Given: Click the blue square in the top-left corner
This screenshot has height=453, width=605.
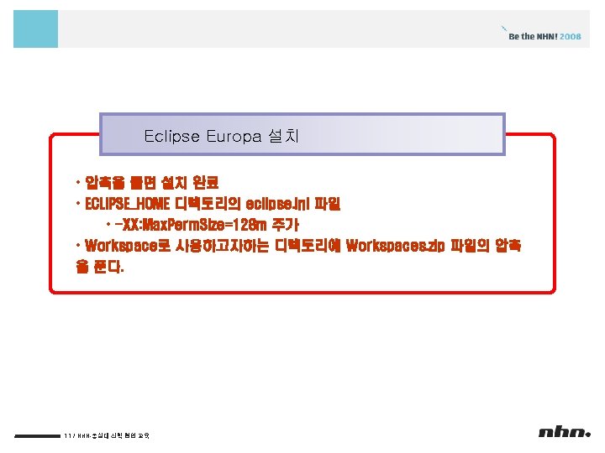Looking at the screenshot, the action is (x=36, y=29).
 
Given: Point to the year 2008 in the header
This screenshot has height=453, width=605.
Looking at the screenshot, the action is (x=571, y=37).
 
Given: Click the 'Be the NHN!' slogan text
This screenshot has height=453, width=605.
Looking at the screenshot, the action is (x=533, y=37).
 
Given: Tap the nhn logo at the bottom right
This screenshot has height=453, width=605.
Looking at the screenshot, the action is (x=565, y=433).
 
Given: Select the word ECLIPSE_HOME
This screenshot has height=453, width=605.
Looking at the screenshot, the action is (x=125, y=204).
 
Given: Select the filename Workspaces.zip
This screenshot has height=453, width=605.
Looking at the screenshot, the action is (x=394, y=247).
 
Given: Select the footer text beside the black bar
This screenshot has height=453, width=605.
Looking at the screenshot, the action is (x=106, y=435).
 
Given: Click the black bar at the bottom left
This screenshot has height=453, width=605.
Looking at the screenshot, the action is (x=37, y=435).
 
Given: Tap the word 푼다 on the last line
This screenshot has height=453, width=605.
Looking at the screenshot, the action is (x=110, y=268).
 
